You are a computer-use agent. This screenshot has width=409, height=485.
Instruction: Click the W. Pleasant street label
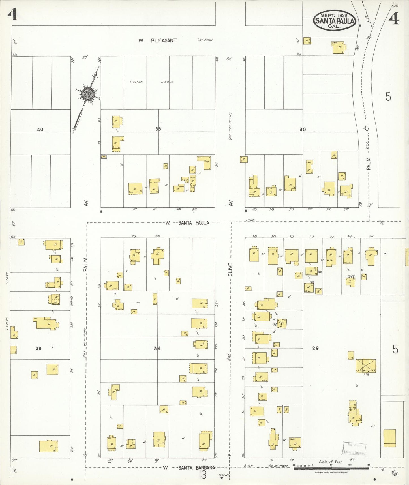click(x=157, y=40)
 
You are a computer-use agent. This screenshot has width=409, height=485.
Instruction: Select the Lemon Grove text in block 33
click(x=151, y=82)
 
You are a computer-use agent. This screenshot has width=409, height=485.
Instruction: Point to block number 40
click(x=40, y=130)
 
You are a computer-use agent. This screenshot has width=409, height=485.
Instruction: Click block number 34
click(x=157, y=348)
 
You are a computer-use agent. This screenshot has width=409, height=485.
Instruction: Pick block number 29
click(x=315, y=348)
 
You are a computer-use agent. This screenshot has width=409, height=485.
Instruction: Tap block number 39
click(x=38, y=348)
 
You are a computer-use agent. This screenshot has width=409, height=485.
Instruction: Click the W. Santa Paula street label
click(x=188, y=223)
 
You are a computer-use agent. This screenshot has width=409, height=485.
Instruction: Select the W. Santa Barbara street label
click(x=189, y=468)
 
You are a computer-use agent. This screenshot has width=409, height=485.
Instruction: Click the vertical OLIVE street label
click(x=230, y=270)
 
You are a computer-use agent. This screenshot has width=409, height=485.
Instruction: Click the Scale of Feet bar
click(x=331, y=469)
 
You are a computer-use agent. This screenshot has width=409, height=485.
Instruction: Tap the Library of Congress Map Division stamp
click(x=354, y=448)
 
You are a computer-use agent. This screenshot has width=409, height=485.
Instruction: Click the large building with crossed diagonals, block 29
click(x=366, y=366)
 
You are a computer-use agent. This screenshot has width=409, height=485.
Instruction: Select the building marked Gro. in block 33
click(x=204, y=163)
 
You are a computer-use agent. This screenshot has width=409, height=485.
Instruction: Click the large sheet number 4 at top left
click(x=13, y=14)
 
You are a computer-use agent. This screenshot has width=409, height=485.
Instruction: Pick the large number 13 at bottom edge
click(x=202, y=475)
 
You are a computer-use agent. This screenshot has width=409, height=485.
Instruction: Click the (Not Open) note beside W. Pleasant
click(x=204, y=40)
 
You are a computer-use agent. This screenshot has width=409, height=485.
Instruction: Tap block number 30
click(x=303, y=130)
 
